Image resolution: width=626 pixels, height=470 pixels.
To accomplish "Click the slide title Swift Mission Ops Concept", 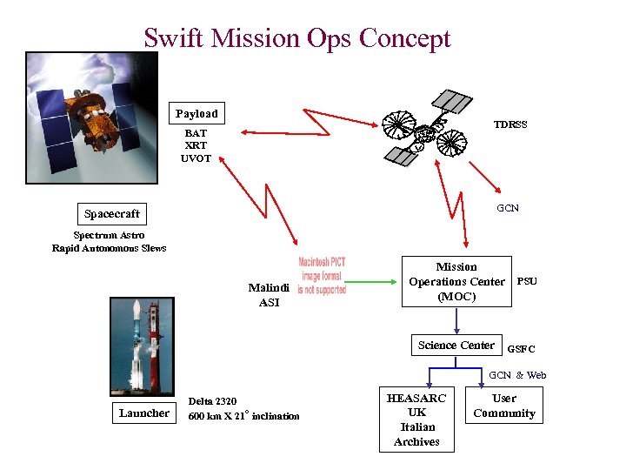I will coord(297,38).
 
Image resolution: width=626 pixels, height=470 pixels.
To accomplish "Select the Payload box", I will coord(196,113).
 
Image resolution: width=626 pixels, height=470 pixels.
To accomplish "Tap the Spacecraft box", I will coord(111,213).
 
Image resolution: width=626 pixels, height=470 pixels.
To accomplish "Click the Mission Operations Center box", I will coord(456,282).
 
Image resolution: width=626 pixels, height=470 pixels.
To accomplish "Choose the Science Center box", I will coord(456,346).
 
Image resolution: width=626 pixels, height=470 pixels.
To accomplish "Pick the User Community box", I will coord(504,406).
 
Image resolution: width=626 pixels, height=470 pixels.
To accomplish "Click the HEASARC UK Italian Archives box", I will coord(416,420).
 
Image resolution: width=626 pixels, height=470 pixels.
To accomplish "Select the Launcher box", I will coord(144,413).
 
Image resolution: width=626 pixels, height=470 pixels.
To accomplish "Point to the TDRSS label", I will coord(510,124).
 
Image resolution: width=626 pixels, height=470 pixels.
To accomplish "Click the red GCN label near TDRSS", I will coord(508,208).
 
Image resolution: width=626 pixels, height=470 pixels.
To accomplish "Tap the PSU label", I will coord(527,281).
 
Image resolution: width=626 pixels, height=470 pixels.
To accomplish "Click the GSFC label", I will coord(521,349).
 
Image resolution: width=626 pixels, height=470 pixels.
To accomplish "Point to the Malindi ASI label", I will coord(269,295).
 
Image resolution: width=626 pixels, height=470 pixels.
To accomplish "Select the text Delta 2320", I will coord(212,401).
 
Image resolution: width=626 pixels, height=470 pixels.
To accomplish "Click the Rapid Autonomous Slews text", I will coord(109,248).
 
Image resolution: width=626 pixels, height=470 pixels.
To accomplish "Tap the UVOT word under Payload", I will coord(196,158).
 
